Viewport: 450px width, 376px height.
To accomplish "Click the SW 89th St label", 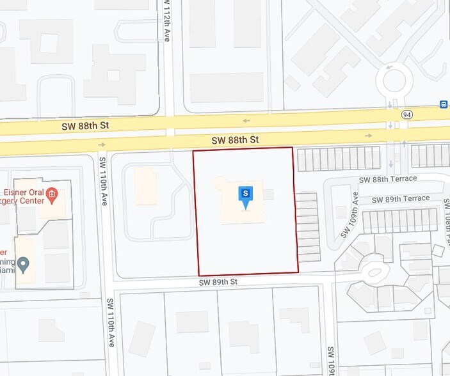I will [218, 281].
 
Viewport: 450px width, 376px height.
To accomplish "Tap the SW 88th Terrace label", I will [388, 179].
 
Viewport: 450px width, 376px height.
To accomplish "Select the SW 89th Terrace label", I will [401, 199].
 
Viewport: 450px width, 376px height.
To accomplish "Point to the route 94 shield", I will [406, 114].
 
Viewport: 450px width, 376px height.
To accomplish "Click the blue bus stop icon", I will [443, 105].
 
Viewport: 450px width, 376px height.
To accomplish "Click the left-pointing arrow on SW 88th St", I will [246, 120].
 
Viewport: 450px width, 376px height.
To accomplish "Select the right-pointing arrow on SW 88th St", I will [369, 136].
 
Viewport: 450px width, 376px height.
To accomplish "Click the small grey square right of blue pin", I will [269, 194].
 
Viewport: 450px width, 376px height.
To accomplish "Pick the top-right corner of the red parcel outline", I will [293, 148].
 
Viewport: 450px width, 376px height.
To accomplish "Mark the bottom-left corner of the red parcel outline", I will [195, 275].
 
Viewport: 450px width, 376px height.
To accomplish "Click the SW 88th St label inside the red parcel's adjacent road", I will [236, 139].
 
